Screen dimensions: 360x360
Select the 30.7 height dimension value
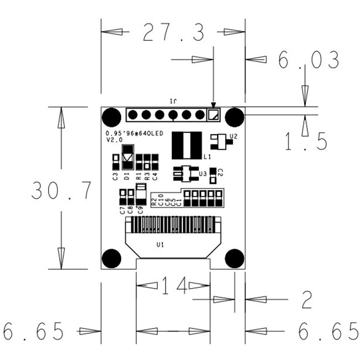point(61,191)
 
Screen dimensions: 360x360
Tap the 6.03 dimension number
point(308,60)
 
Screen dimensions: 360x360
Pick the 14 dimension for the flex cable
point(174,286)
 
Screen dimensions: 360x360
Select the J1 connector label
point(172,101)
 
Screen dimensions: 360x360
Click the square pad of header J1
point(213,115)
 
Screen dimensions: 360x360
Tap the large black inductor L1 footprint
point(188,145)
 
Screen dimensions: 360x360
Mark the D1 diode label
point(127,177)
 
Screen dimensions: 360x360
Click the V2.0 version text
point(114,140)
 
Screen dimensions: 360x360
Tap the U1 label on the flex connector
point(160,244)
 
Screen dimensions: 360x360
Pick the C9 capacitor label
point(140,209)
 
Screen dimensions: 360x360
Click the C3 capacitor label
point(115,177)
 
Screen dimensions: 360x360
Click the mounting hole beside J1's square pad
point(235,116)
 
